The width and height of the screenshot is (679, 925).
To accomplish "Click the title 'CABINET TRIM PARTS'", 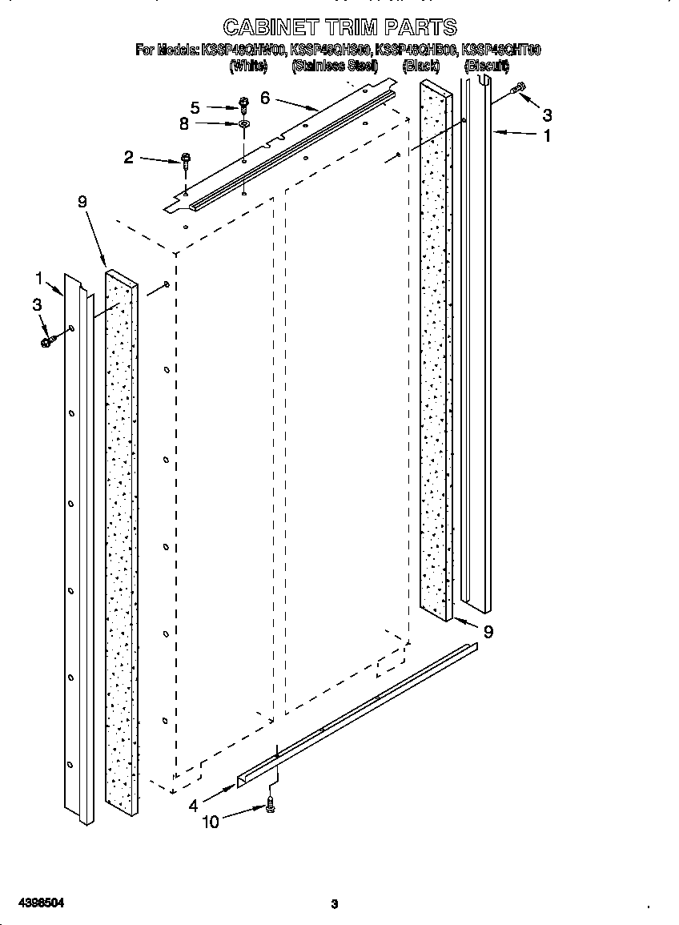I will [x=339, y=27].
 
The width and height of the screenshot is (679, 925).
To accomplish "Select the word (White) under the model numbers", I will [x=247, y=66].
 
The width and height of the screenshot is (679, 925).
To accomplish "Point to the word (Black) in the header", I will [x=420, y=66].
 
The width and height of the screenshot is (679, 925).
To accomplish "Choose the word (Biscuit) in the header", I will [x=487, y=66].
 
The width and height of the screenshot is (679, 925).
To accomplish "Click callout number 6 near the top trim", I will [x=265, y=99].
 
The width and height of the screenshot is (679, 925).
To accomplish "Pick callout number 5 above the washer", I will [x=195, y=107].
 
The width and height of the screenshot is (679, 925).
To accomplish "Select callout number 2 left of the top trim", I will [x=128, y=157].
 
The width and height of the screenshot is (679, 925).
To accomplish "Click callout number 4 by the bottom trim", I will [x=193, y=806].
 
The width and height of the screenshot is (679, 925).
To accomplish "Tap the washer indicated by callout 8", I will [x=243, y=124].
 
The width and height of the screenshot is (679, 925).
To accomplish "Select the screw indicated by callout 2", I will [x=186, y=160].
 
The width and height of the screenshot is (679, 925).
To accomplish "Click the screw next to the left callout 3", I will [x=46, y=340].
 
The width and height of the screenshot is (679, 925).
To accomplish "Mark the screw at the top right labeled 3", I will [x=518, y=88].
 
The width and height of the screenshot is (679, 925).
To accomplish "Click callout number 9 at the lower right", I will [x=488, y=632].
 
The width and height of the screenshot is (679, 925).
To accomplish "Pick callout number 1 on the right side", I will [x=547, y=136].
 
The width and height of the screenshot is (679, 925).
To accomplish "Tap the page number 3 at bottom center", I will [x=335, y=904].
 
